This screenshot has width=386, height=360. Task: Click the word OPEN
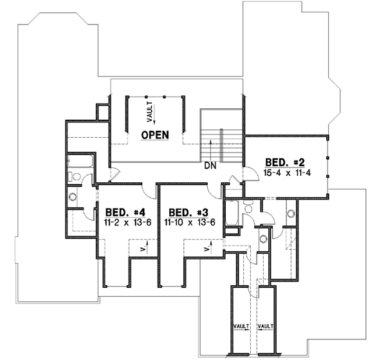155,135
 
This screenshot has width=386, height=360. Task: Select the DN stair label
209,166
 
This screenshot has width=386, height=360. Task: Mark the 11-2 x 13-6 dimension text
122,222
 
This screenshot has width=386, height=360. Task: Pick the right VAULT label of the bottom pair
266,327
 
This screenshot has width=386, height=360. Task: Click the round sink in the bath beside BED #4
73,196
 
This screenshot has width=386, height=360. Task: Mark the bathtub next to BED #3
232,213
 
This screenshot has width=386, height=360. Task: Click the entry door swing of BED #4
148,191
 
